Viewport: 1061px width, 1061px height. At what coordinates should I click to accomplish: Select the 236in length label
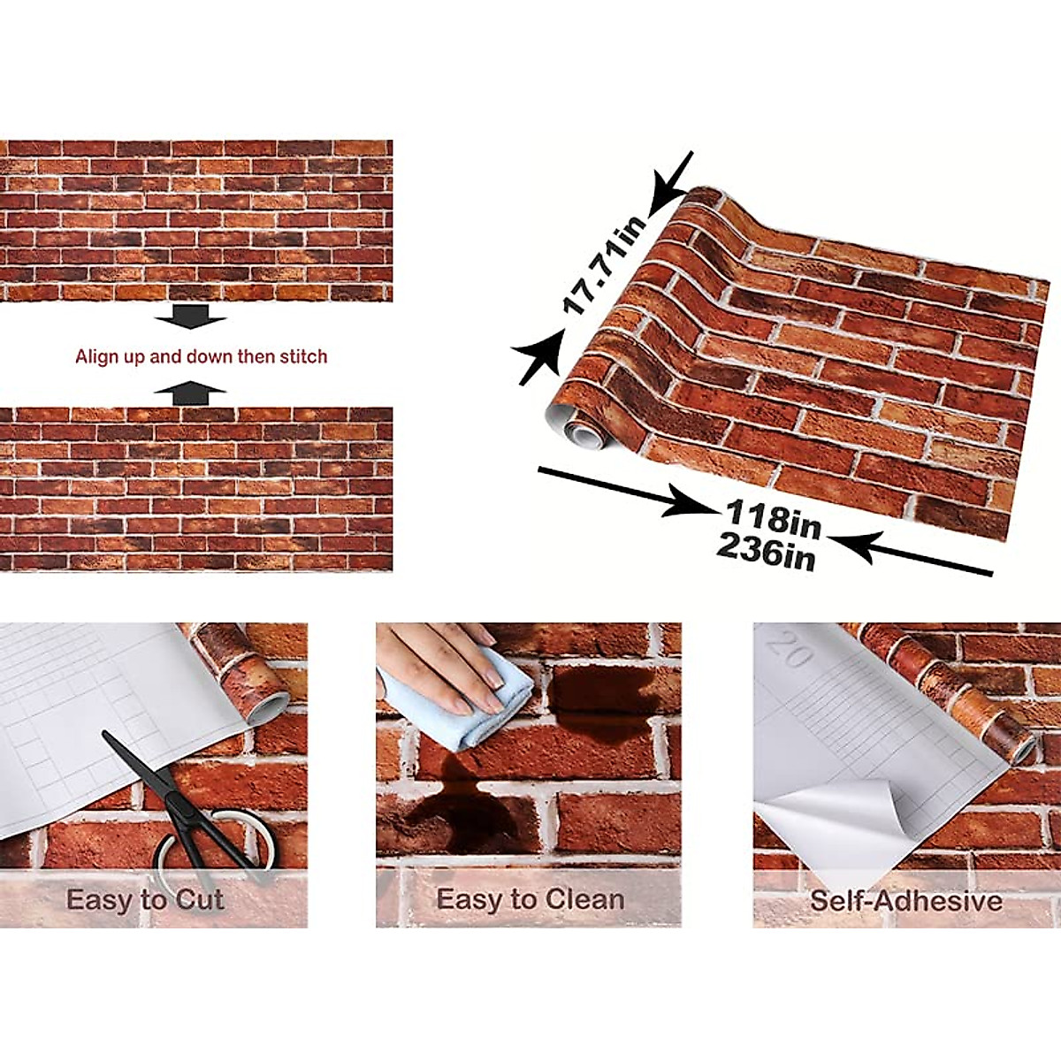pyautogui.click(x=766, y=553)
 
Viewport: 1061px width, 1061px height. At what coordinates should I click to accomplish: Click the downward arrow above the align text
pyautogui.click(x=190, y=316)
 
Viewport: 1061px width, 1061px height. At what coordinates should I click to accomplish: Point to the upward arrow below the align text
pyautogui.click(x=190, y=393)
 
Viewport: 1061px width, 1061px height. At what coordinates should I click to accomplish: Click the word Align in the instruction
pyautogui.click(x=95, y=357)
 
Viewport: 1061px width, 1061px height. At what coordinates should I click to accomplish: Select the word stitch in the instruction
pyautogui.click(x=303, y=357)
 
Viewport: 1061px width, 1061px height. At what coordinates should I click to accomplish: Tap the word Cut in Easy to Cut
pyautogui.click(x=199, y=900)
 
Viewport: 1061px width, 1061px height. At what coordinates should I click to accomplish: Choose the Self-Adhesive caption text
pyautogui.click(x=905, y=901)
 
